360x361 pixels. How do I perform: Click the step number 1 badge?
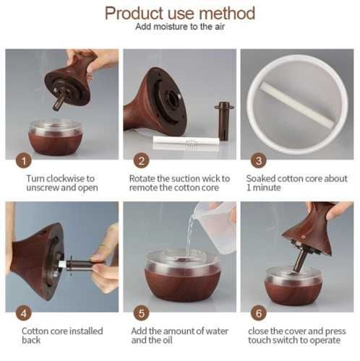tap(24, 161)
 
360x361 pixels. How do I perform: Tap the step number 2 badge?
tap(142, 161)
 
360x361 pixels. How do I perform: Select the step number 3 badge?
tap(259, 161)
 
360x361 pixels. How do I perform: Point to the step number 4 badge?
tap(24, 313)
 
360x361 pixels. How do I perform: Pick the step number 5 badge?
tap(142, 313)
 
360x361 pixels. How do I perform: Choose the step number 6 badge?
tap(259, 313)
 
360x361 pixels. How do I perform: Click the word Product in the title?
tap(134, 13)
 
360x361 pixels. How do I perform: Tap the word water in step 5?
tap(217, 331)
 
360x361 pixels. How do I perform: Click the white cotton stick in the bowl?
tap(297, 105)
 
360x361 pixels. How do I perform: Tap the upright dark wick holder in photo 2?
tap(224, 121)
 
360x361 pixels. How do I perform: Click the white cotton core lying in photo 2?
tap(187, 142)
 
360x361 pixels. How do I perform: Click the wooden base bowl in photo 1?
tap(56, 138)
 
